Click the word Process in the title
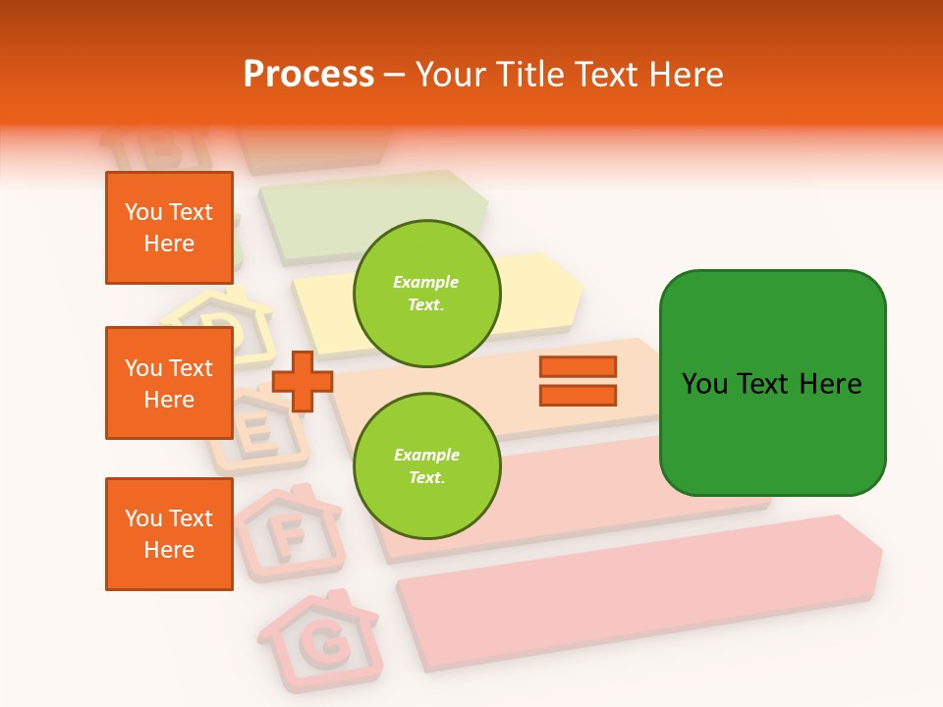308,75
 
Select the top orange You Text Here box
169,228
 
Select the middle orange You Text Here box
169,383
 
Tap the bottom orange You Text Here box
169,534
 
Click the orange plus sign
302,382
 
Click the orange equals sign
578,381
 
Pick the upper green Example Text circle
426,294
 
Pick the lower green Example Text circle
426,466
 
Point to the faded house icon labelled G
320,639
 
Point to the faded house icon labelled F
288,531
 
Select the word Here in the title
687,75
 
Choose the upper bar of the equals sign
578,367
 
